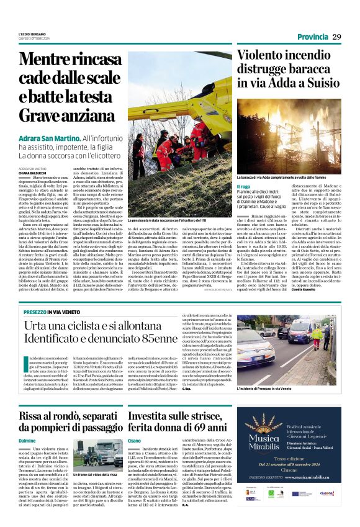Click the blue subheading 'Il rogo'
[x=244, y=186]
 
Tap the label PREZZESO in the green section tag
[x=39, y=312]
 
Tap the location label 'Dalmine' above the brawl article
[x=27, y=423]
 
